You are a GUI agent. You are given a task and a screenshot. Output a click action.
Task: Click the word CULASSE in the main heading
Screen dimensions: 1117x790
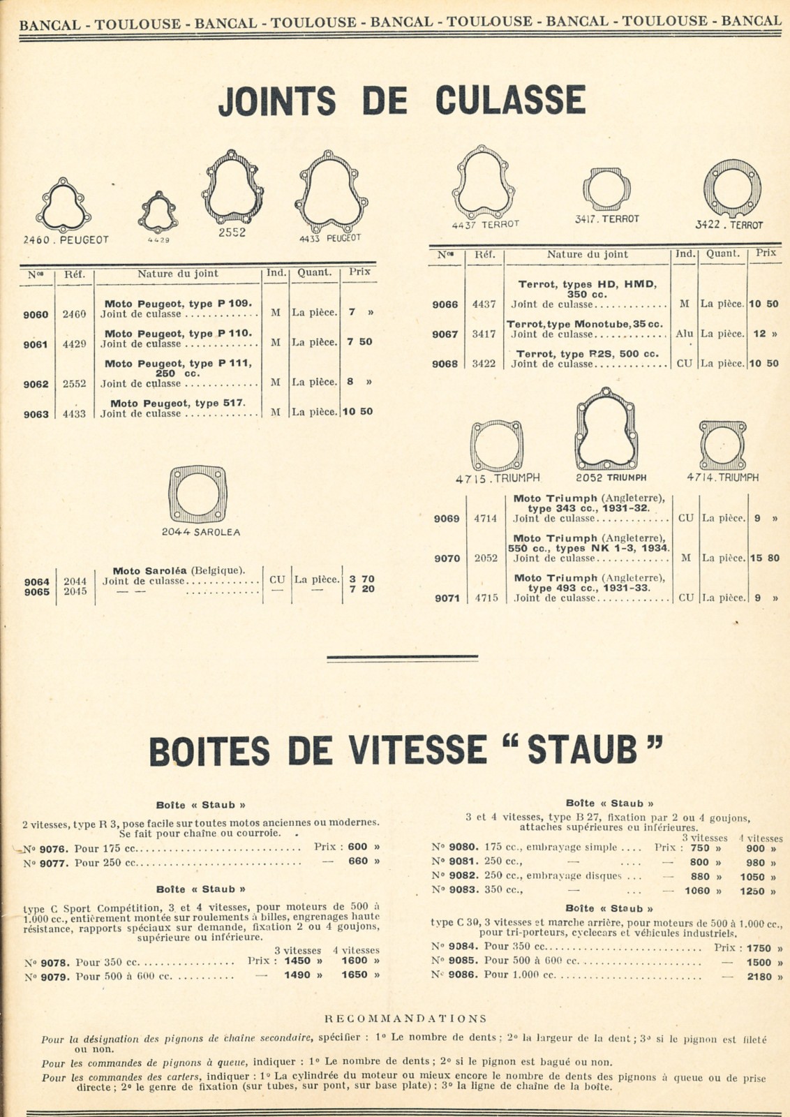click(x=510, y=101)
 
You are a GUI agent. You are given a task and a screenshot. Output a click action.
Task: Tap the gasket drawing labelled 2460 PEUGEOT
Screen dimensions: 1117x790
click(x=64, y=205)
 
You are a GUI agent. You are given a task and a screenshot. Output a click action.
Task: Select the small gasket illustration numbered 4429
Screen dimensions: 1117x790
click(x=158, y=212)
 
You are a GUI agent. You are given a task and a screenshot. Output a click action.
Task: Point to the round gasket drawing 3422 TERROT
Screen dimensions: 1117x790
click(x=732, y=189)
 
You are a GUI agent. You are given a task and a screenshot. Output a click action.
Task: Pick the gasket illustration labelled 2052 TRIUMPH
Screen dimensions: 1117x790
click(x=605, y=429)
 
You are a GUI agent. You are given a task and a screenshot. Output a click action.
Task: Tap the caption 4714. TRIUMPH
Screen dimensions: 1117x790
click(x=722, y=478)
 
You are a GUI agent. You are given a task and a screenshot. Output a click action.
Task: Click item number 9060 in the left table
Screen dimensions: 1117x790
click(x=36, y=314)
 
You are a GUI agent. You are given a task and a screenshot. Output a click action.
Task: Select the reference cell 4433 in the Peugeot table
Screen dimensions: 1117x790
click(x=75, y=414)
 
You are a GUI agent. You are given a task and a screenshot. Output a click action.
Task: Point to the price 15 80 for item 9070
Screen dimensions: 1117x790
click(x=764, y=558)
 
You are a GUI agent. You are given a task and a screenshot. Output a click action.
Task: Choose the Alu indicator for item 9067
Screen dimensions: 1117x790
click(x=684, y=334)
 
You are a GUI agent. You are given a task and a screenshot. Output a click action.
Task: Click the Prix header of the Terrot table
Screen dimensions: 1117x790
click(x=766, y=253)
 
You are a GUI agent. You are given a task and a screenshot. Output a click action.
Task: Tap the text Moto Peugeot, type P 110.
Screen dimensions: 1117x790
click(x=178, y=333)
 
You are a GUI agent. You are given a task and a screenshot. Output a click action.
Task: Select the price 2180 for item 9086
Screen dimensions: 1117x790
click(x=759, y=977)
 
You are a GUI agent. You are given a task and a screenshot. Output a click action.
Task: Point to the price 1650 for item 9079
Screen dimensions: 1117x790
click(x=355, y=975)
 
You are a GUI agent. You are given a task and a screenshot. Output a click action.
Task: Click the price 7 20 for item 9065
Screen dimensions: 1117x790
click(x=362, y=589)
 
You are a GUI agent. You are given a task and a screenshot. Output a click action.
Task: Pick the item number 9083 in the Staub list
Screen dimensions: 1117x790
click(x=463, y=890)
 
